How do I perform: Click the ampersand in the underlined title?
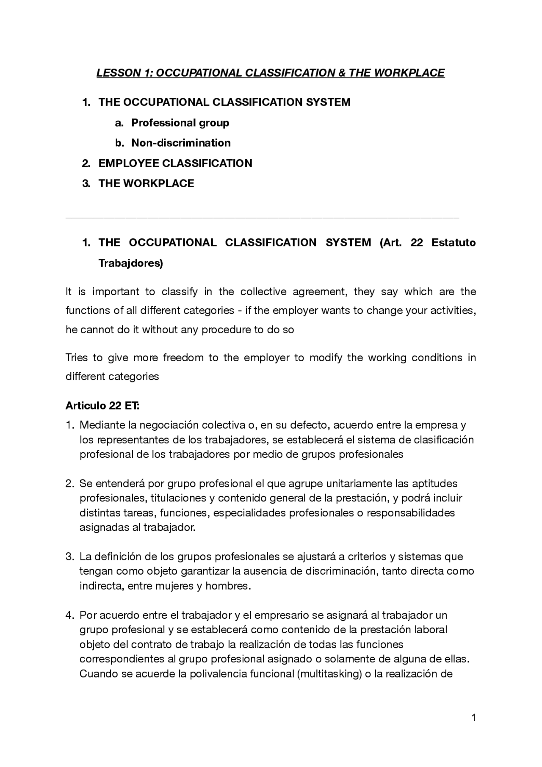coord(342,73)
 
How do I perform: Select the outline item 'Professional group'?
coord(180,123)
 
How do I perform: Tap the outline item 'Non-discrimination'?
coord(181,143)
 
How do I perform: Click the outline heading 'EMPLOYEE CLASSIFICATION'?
coord(175,163)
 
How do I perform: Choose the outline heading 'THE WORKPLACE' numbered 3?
coord(146,183)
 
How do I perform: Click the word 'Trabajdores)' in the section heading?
coord(130,263)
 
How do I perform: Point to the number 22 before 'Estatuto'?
coord(417,243)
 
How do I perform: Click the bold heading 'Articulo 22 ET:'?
coord(102,406)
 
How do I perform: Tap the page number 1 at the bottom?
coord(473,717)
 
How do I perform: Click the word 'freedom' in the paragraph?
coord(183,357)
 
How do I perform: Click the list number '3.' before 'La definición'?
coord(70,557)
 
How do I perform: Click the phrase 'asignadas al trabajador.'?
coord(138,528)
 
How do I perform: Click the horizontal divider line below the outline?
coord(263,218)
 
